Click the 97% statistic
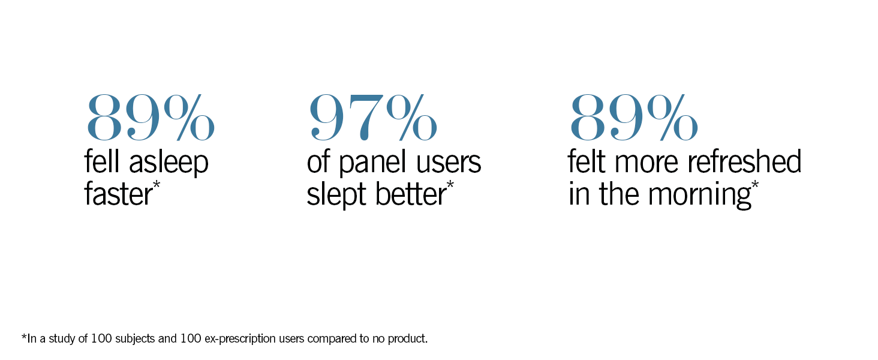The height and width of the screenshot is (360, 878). click(372, 116)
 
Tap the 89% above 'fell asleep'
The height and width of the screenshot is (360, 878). click(151, 116)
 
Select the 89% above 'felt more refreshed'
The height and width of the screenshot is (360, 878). click(633, 116)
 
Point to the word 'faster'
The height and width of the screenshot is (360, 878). click(118, 194)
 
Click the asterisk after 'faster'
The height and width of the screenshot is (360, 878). click(157, 184)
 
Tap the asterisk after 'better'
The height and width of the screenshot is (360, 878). click(450, 184)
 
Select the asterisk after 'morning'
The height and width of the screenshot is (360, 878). click(754, 184)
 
